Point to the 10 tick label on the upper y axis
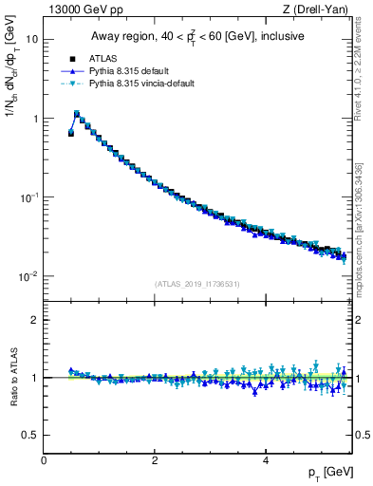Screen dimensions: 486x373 [x=32, y=40]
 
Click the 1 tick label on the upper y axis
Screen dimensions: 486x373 [x=35, y=119]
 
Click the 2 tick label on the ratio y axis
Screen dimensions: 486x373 [x=36, y=320]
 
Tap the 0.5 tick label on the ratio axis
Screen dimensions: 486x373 [x=31, y=435]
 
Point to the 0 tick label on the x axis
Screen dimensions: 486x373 [x=44, y=460]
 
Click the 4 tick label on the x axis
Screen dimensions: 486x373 [x=266, y=460]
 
